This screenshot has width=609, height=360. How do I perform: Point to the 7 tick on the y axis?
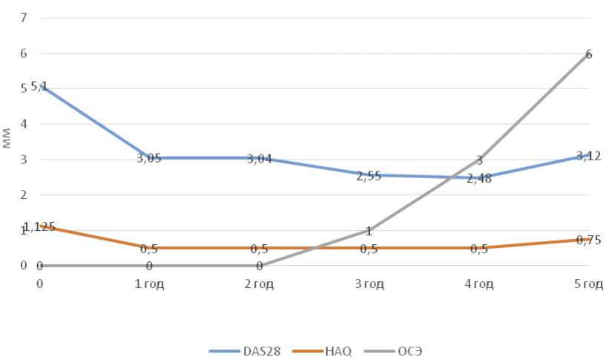[x=23, y=17]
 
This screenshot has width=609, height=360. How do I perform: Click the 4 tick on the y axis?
[x=23, y=123]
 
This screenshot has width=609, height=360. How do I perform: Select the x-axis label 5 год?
[x=588, y=285]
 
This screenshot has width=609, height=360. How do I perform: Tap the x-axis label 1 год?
[x=149, y=285]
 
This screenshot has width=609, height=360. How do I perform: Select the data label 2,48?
[x=479, y=178]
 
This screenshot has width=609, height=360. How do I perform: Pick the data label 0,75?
[x=588, y=240]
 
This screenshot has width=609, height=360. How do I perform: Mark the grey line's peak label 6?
[x=588, y=54]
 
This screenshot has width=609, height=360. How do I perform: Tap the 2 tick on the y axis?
[x=23, y=194]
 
